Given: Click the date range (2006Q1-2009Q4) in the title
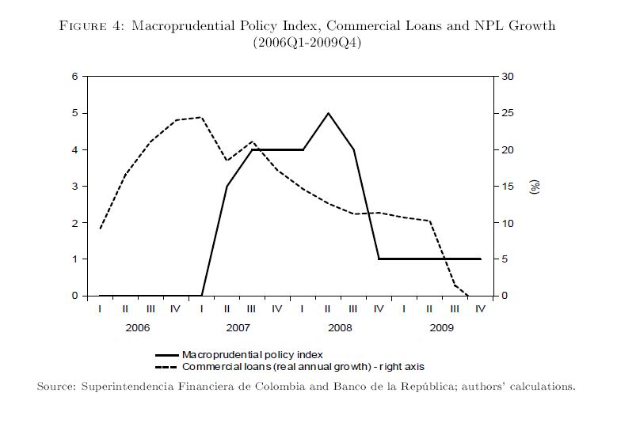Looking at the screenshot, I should click(307, 42).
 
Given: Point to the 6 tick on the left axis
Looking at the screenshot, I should click(75, 77).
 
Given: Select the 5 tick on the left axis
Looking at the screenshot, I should click(75, 113).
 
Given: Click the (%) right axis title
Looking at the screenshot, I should click(535, 187).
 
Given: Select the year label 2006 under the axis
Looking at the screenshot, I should click(138, 327).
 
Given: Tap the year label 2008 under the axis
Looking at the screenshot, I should click(340, 327).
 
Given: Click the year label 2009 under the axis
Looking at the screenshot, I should click(441, 327).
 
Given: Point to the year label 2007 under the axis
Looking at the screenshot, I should click(238, 327).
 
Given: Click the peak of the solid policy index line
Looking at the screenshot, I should click(328, 113).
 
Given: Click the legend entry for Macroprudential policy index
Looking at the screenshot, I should click(252, 355).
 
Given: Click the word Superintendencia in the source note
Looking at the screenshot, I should click(131, 387).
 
